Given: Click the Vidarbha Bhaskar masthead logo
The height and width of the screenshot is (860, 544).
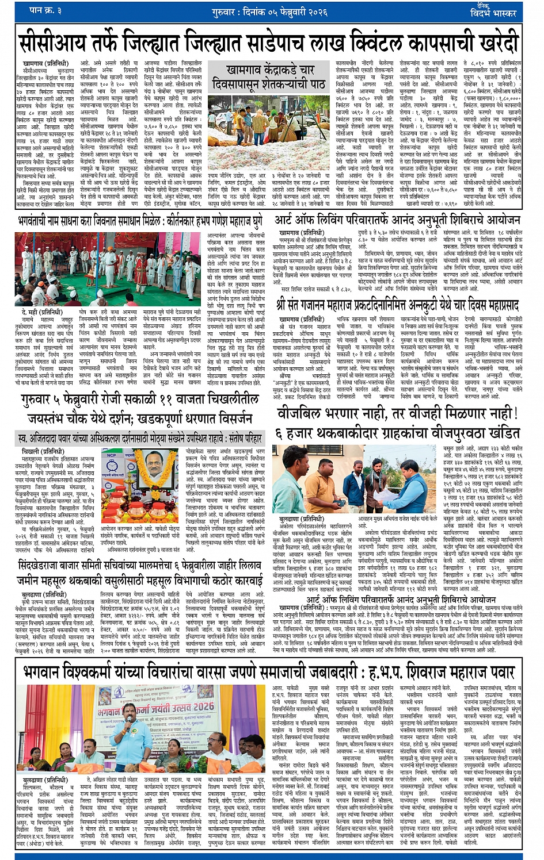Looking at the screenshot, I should click(x=494, y=10).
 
